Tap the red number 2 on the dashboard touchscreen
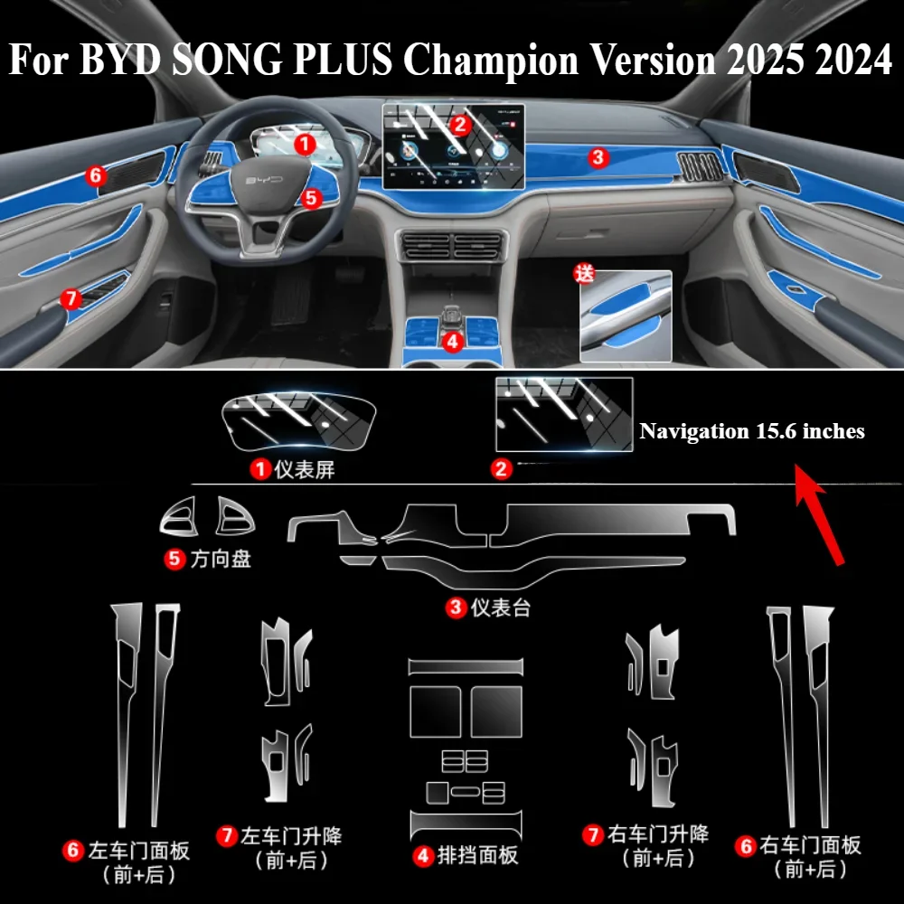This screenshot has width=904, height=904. [x=459, y=126]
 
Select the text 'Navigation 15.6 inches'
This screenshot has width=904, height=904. [x=752, y=432]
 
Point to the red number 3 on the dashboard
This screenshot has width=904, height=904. [x=597, y=158]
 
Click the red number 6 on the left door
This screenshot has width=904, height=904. [x=97, y=175]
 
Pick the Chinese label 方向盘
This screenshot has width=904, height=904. [x=221, y=560]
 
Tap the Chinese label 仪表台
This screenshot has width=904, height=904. [x=501, y=607]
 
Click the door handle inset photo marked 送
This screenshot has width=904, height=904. [x=626, y=315]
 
